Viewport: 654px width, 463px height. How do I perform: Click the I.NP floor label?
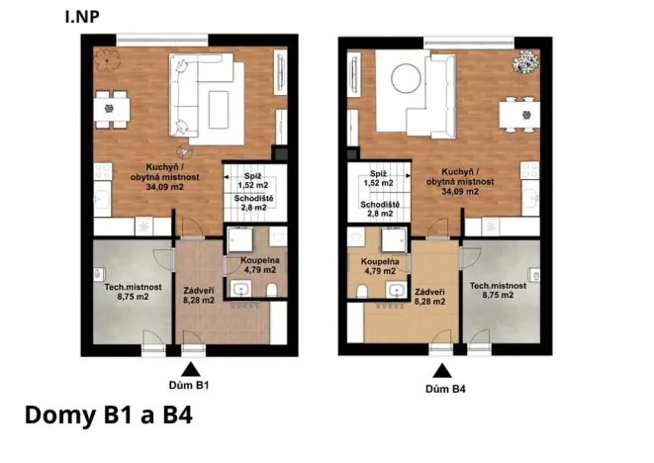click(x=81, y=16)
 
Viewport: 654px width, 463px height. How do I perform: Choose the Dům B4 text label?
click(x=445, y=389)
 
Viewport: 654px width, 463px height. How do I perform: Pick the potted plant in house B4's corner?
click(x=521, y=62)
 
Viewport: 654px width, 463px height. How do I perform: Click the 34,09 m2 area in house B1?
click(x=161, y=186)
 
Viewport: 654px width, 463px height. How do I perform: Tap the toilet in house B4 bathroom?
click(x=363, y=288)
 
